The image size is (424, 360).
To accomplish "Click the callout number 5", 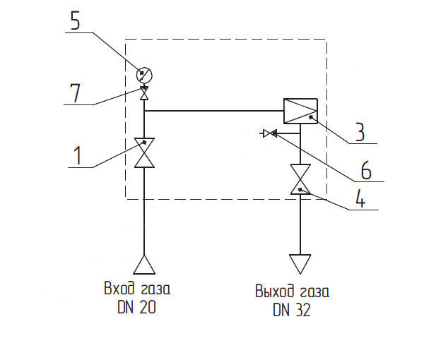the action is pyautogui.click(x=76, y=20).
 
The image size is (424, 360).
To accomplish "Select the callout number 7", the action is pyautogui.click(x=75, y=93).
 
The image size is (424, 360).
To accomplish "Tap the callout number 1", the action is pyautogui.click(x=78, y=155).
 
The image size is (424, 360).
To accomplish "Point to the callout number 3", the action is pyautogui.click(x=360, y=132).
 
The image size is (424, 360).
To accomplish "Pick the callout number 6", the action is pyautogui.click(x=366, y=170).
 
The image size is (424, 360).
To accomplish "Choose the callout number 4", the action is pyautogui.click(x=360, y=198).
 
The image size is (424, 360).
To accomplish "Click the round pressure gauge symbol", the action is pyautogui.click(x=144, y=75).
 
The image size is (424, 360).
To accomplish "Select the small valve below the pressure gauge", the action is pyautogui.click(x=144, y=93).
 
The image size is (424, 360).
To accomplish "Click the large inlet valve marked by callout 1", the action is pyautogui.click(x=144, y=153).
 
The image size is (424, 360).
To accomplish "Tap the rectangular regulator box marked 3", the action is pyautogui.click(x=300, y=111).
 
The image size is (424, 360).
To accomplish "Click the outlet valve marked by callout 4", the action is pyautogui.click(x=300, y=179).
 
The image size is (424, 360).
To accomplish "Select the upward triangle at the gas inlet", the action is pyautogui.click(x=144, y=265).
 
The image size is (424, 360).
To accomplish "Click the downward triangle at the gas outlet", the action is pyautogui.click(x=300, y=264).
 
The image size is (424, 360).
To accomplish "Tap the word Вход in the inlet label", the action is pyautogui.click(x=119, y=288).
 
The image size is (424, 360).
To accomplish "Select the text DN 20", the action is pyautogui.click(x=136, y=307).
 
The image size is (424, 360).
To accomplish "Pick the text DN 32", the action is pyautogui.click(x=292, y=310).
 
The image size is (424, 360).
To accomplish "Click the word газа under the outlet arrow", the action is pyautogui.click(x=314, y=292).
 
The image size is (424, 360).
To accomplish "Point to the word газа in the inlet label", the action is pyautogui.click(x=155, y=289).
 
